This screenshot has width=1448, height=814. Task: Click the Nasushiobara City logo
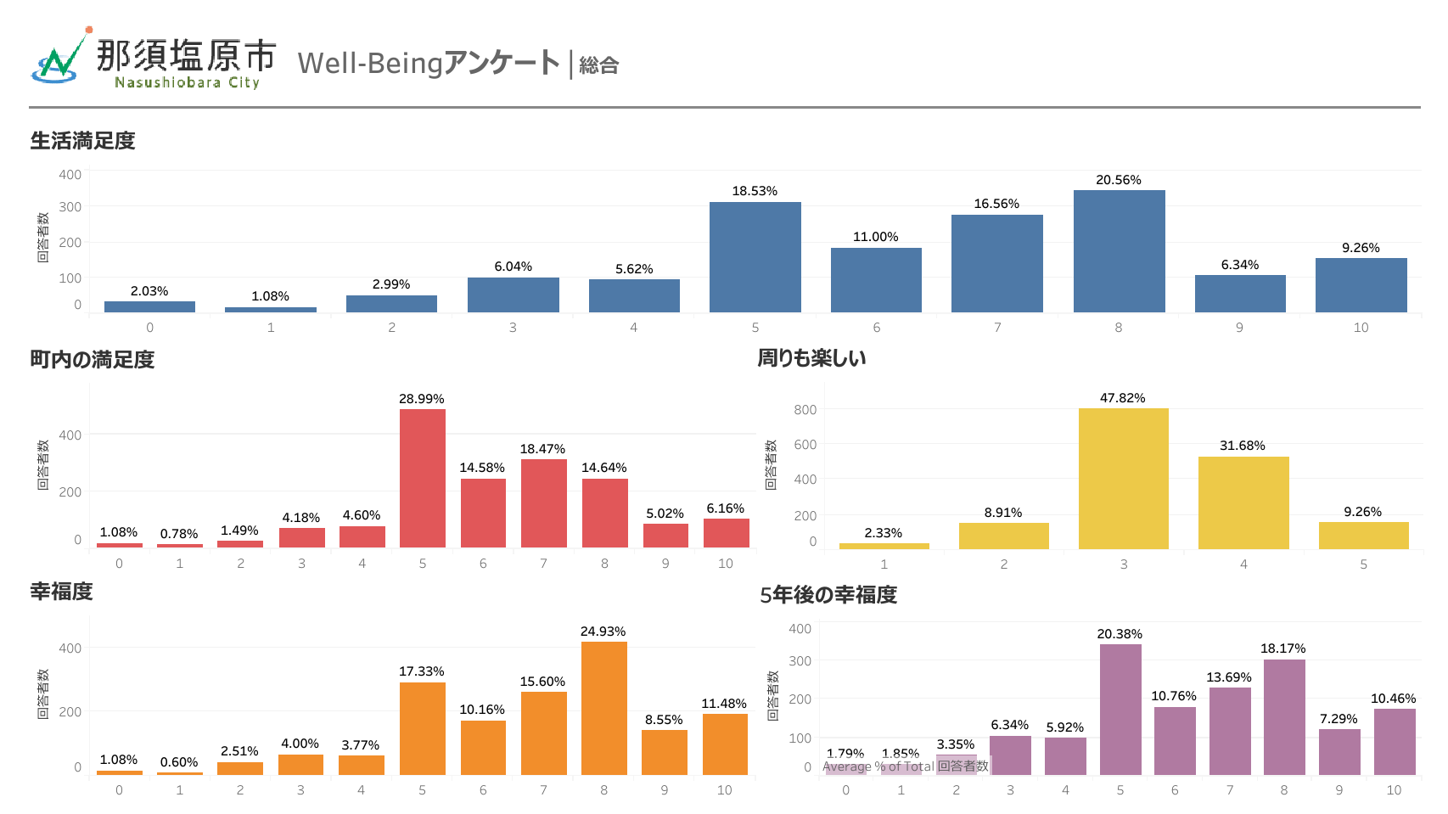pyautogui.click(x=153, y=59)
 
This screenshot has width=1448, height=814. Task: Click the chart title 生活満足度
pyautogui.click(x=82, y=141)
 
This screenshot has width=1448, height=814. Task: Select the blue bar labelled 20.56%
pyautogui.click(x=1119, y=251)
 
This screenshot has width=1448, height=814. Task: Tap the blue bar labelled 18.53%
pyautogui.click(x=755, y=257)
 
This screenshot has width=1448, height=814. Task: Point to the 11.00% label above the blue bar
pyautogui.click(x=875, y=237)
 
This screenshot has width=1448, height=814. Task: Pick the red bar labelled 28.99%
pyautogui.click(x=423, y=478)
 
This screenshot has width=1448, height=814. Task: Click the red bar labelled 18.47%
pyautogui.click(x=543, y=503)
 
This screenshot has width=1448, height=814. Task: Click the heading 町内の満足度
pyautogui.click(x=92, y=360)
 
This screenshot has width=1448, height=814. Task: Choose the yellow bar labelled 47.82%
pyautogui.click(x=1123, y=479)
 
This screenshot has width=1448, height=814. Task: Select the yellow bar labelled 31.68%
pyautogui.click(x=1243, y=502)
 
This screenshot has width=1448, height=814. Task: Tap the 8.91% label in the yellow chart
pyautogui.click(x=1003, y=513)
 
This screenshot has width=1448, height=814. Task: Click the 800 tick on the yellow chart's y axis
pyautogui.click(x=805, y=410)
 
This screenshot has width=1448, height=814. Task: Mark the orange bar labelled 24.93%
pyautogui.click(x=603, y=708)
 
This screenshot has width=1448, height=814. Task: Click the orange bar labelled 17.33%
pyautogui.click(x=422, y=728)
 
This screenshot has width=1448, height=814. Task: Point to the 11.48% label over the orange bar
pyautogui.click(x=723, y=704)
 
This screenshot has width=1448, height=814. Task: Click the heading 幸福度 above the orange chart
pyautogui.click(x=61, y=592)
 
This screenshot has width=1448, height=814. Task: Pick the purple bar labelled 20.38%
pyautogui.click(x=1120, y=710)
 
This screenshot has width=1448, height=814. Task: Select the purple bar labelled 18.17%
pyautogui.click(x=1283, y=717)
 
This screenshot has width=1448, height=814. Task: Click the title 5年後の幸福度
pyautogui.click(x=828, y=595)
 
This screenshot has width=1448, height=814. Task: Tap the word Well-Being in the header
pyautogui.click(x=371, y=64)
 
